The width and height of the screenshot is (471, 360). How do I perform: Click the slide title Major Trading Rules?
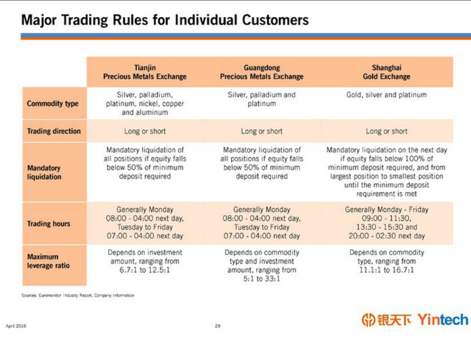[165, 20]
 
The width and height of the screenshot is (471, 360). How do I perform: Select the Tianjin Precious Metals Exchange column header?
[145, 72]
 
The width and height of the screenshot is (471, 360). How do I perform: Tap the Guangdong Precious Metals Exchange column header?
[262, 72]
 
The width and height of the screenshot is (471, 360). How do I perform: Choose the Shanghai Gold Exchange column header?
[386, 72]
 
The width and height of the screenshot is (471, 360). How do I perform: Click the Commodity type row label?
[53, 104]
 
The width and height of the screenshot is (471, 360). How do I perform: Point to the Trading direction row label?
[54, 131]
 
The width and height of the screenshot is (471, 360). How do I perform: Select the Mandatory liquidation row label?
[44, 172]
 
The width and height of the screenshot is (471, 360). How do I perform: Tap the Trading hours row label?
[49, 224]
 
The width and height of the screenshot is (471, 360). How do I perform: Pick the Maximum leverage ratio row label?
[48, 261]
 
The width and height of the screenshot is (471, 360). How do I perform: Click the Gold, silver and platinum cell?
[387, 95]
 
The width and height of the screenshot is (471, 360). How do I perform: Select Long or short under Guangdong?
[262, 131]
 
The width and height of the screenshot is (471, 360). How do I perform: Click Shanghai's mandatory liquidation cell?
[387, 171]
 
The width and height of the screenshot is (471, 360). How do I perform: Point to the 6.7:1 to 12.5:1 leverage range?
[145, 270]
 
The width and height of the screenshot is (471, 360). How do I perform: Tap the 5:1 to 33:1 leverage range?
[262, 279]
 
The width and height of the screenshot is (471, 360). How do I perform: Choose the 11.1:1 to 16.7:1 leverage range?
[387, 270]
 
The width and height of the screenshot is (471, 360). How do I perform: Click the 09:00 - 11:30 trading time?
[386, 219]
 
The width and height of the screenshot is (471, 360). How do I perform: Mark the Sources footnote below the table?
[78, 295]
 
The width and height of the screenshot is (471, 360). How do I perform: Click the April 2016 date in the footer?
[16, 326]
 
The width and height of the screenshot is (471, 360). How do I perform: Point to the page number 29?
[218, 326]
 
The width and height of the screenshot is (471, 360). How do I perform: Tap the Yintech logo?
[415, 319]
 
